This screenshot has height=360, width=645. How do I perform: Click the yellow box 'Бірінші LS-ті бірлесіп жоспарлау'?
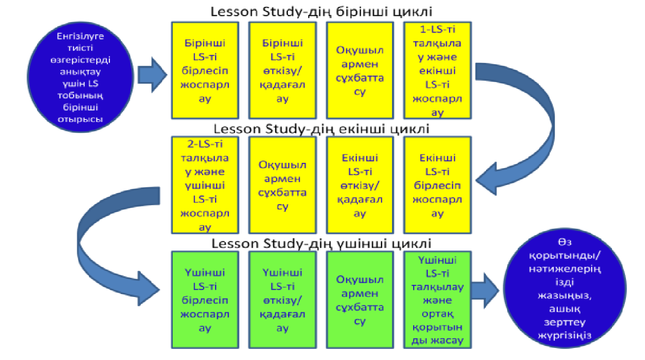205,70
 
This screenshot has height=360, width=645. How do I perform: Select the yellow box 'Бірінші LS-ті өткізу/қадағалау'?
282,70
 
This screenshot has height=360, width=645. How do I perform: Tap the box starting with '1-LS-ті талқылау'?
437,70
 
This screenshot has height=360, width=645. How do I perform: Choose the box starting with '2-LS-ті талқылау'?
205,185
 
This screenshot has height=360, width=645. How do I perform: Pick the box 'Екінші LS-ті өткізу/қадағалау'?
359,185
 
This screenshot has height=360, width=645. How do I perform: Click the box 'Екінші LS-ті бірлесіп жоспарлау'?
437,185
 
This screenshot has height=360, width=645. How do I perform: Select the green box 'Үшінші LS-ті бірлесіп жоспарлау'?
205,300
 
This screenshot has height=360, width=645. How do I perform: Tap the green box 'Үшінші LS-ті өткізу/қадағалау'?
282,300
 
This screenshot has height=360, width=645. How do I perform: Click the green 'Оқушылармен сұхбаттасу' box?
359,300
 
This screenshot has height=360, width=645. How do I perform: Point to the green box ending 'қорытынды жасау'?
437,300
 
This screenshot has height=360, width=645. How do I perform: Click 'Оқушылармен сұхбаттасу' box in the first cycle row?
359,70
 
